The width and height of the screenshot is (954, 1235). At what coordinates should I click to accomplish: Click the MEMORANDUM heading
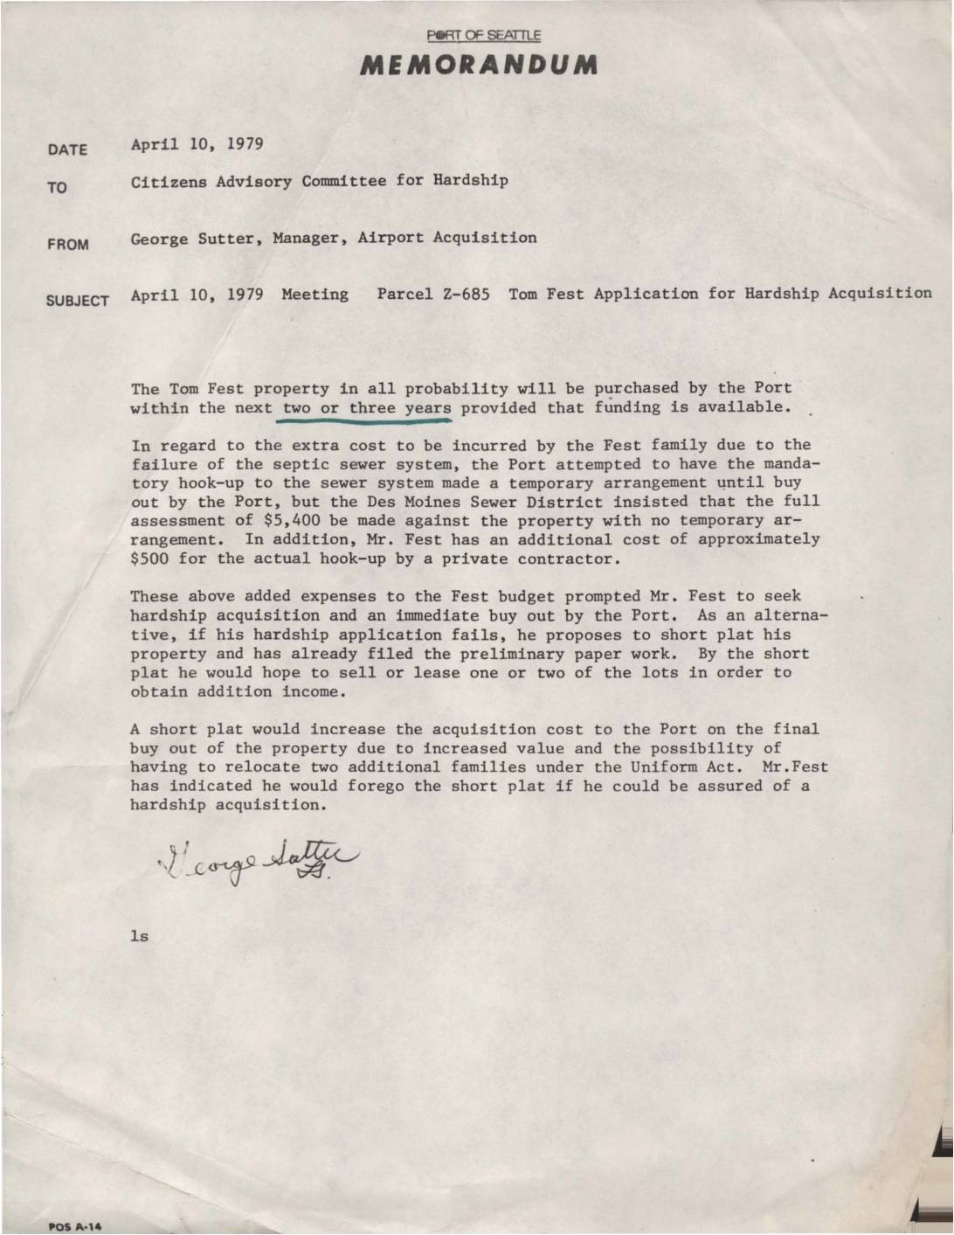coord(477,66)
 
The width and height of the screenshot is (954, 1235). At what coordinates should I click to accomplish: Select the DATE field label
coord(67,149)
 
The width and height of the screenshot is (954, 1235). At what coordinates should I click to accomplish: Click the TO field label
coord(58,188)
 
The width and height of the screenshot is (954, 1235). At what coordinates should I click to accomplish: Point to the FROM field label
coord(68,245)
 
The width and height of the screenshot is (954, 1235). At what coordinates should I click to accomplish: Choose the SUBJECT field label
coord(78,301)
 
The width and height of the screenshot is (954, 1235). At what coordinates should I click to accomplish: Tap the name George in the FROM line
coord(159,238)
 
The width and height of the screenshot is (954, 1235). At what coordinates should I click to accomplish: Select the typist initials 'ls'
coord(139,936)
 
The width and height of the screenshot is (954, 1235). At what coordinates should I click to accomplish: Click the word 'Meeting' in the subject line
coord(315,294)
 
